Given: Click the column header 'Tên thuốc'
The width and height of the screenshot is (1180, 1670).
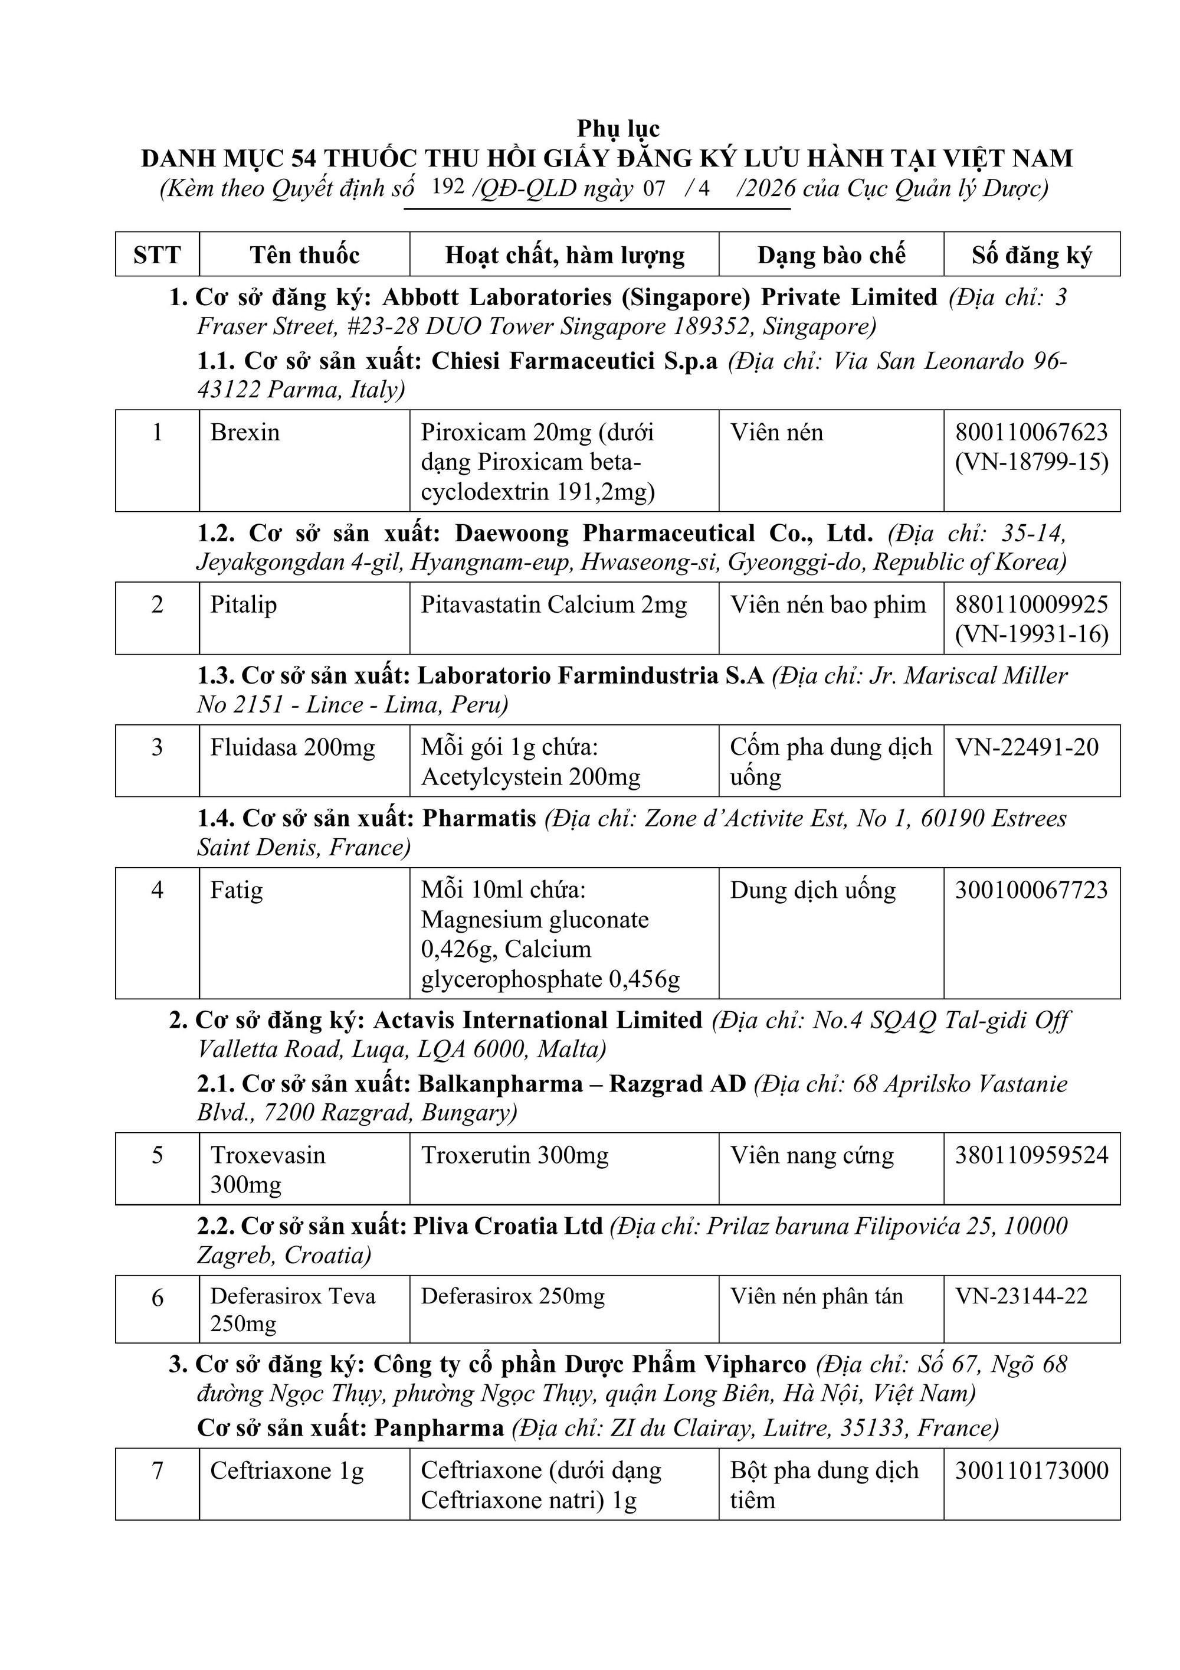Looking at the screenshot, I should (x=304, y=254).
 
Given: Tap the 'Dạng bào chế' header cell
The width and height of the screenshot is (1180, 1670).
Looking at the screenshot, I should (x=831, y=254).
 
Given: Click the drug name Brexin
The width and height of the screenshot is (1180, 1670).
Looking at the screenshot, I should (x=245, y=433).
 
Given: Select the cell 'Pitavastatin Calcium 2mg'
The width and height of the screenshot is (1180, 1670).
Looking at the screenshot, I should (x=553, y=605).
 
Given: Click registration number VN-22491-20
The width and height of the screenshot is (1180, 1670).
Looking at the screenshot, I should (x=1027, y=747).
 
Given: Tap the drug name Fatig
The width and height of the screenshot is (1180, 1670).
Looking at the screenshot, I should (x=236, y=890).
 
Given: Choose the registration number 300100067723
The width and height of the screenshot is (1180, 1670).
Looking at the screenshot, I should (x=1031, y=890).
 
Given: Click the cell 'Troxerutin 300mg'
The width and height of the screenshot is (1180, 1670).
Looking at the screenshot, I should (x=514, y=1155).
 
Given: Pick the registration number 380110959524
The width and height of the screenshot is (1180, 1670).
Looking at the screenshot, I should (x=1031, y=1155).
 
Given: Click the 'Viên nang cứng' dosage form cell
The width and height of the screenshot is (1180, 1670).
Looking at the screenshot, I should (x=811, y=1155).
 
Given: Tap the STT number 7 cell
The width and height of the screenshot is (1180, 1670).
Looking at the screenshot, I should (x=157, y=1470).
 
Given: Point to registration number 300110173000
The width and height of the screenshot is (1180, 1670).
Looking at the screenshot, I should (x=1031, y=1470).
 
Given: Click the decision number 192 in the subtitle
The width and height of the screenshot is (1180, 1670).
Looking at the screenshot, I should (x=447, y=187).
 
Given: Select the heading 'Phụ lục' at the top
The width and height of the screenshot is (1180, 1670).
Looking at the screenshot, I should (x=618, y=129).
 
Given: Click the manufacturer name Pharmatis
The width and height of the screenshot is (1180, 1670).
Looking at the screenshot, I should (x=479, y=818).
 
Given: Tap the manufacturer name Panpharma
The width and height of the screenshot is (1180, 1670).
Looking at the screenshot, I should (x=438, y=1428).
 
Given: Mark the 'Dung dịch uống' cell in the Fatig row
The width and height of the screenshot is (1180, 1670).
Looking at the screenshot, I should (x=812, y=890).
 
